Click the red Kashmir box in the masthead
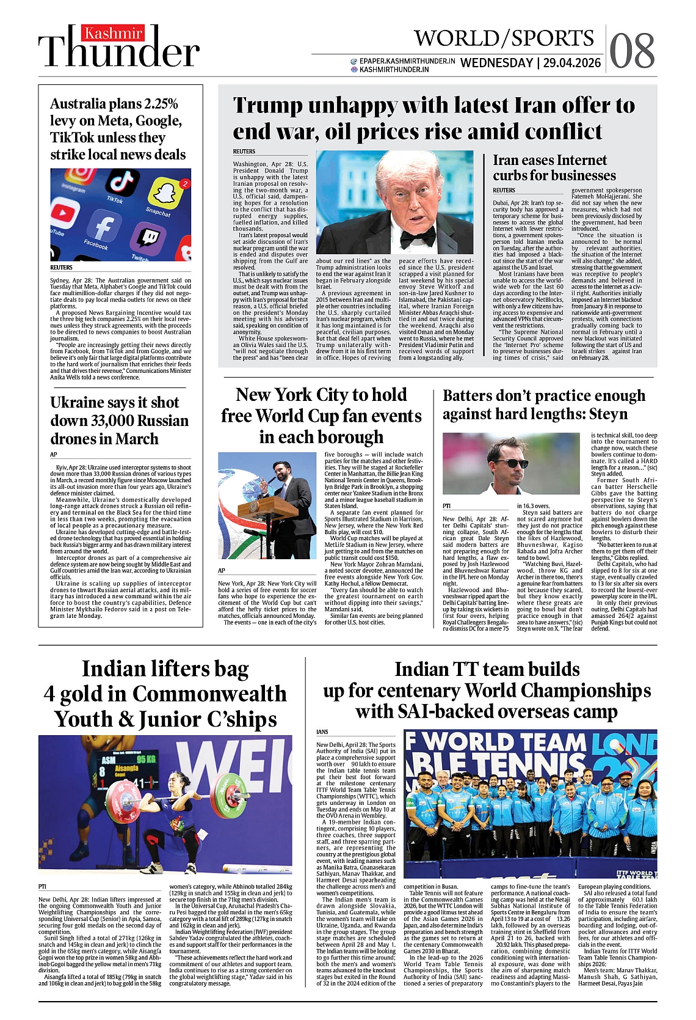coord(112,34)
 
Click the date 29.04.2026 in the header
coord(572,63)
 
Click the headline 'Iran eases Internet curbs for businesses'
coord(554,168)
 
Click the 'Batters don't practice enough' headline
coord(543,405)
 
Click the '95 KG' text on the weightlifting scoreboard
coord(147,760)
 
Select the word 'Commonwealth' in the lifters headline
coord(209,694)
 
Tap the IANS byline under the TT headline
coord(322,732)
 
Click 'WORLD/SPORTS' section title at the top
coord(504,38)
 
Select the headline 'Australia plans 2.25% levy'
coord(118,129)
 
